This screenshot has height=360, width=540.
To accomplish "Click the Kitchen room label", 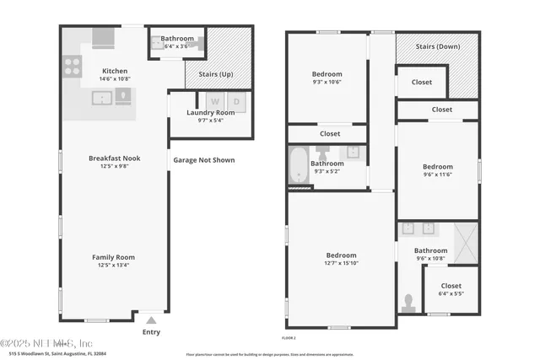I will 114,71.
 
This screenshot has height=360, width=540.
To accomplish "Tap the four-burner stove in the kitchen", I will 73,65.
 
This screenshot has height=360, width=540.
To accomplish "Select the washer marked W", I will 215,103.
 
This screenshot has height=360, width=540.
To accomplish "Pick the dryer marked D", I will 236,103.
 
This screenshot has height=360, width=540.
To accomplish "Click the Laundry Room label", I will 211,112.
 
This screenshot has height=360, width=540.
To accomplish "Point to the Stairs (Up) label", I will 215,74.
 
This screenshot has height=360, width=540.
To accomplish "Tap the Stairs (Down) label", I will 438,46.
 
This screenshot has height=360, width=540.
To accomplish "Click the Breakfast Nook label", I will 114,159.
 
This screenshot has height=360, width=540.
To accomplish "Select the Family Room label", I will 114,257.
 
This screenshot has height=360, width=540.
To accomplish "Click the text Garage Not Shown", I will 204,160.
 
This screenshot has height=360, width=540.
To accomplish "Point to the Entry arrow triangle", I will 151,320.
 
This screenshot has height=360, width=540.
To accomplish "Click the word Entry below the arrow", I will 151,332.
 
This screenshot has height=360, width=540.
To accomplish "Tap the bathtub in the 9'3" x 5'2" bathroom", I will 298,165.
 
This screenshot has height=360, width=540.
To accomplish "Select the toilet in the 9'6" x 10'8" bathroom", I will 409,301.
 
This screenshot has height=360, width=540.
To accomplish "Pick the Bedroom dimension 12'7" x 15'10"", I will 341,263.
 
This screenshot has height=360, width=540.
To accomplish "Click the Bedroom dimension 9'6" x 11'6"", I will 437,175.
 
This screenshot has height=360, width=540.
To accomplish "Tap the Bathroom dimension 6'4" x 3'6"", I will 177,46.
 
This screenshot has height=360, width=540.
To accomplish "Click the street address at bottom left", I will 57,354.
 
